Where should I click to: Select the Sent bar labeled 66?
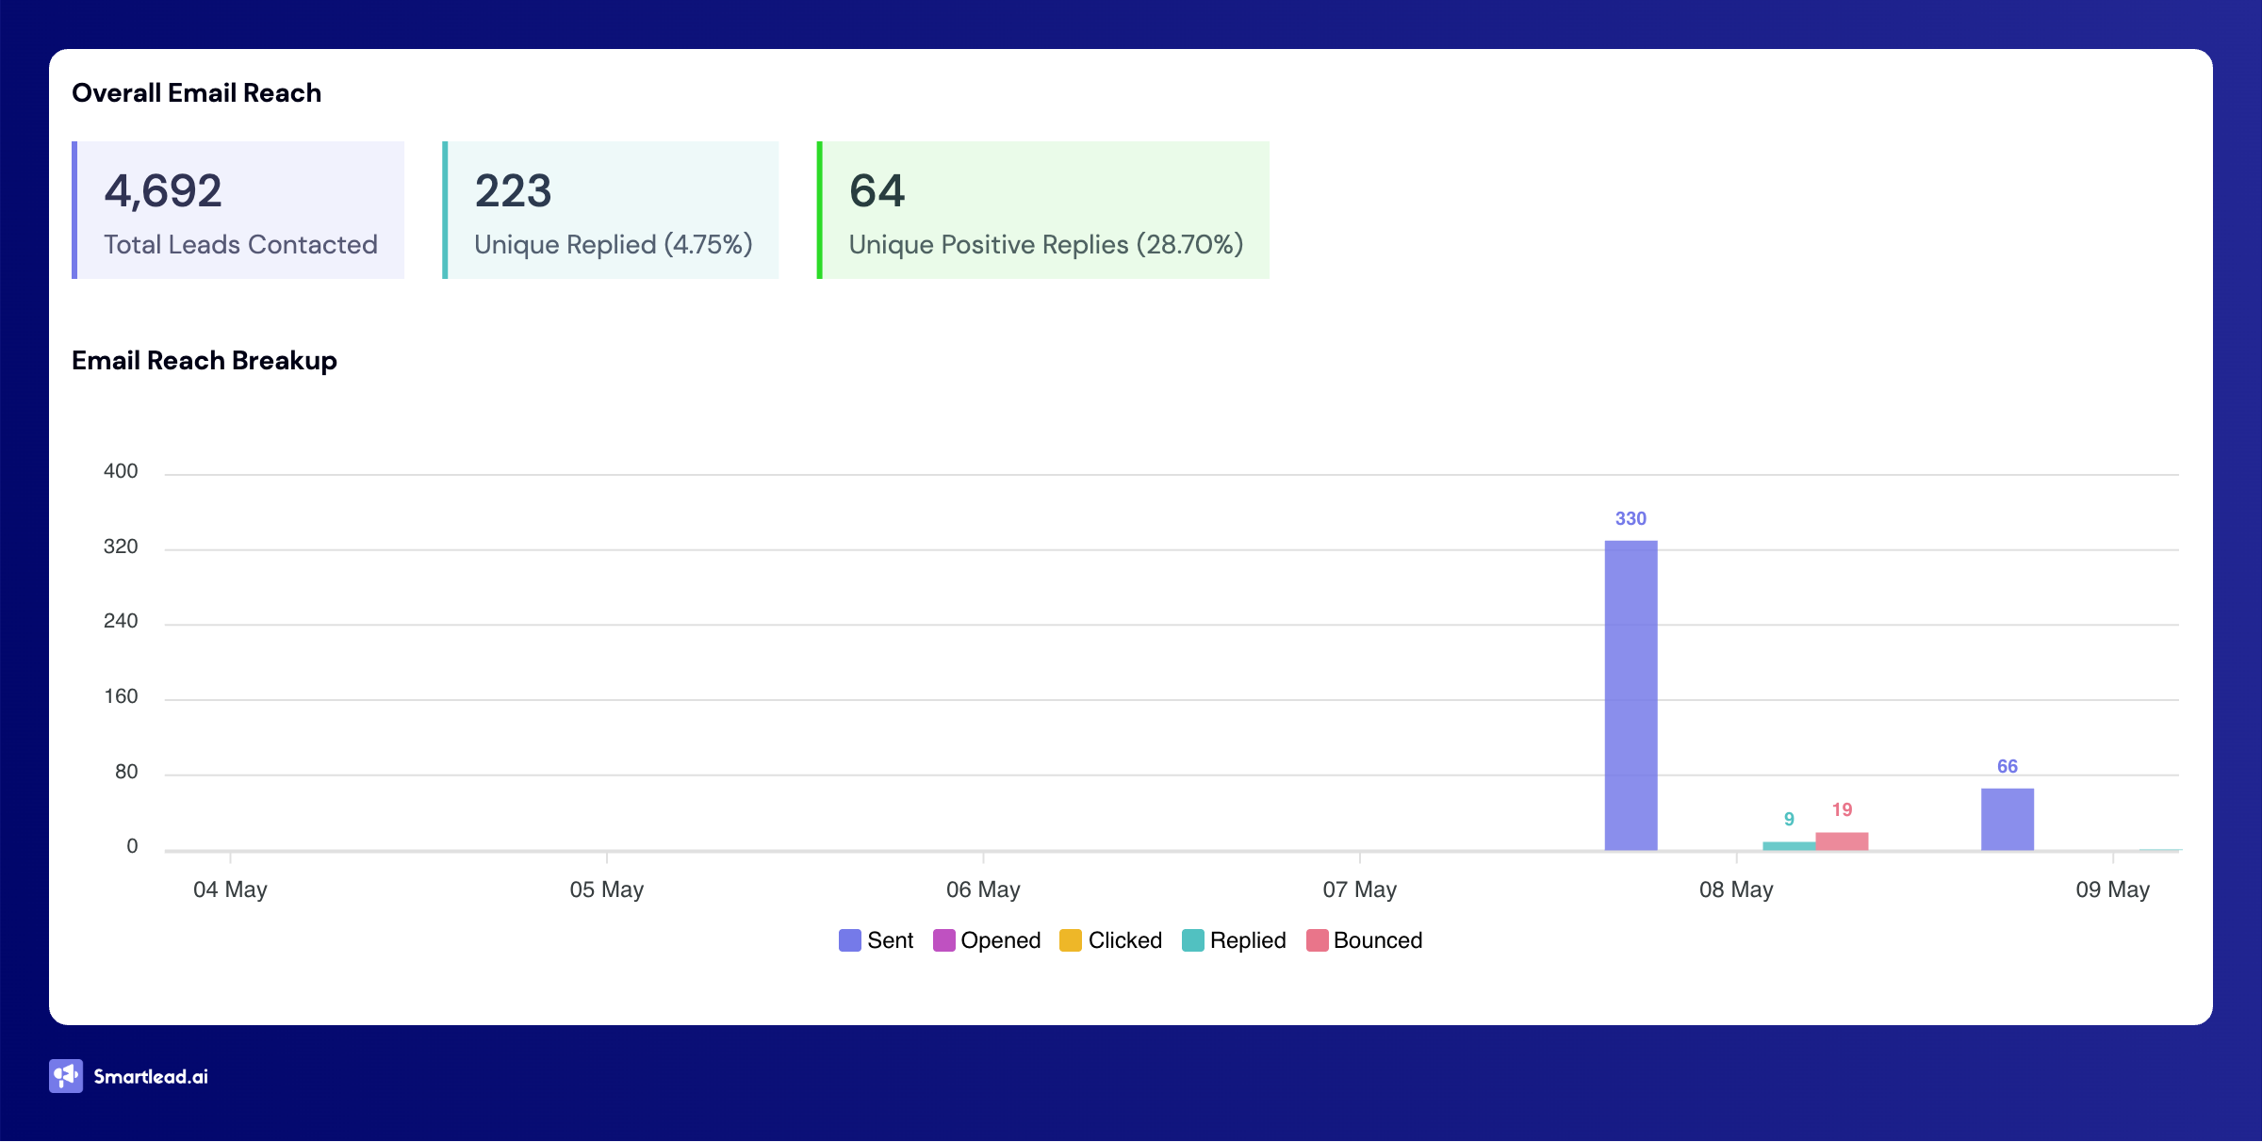[x=2007, y=819]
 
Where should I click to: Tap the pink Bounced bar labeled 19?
[x=1842, y=841]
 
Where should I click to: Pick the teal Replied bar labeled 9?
[x=1788, y=846]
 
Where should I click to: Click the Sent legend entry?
[x=877, y=940]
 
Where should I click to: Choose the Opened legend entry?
[x=987, y=940]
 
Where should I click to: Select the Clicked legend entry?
[x=1111, y=940]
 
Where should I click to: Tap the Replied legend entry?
[x=1234, y=940]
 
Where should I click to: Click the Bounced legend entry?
[x=1364, y=940]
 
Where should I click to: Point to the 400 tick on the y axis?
[x=121, y=471]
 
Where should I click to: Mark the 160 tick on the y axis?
[x=121, y=696]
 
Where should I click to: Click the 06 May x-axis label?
[x=983, y=889]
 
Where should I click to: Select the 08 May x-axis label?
[x=1736, y=889]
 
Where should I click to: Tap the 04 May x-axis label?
[x=230, y=889]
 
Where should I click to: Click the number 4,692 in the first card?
[x=163, y=190]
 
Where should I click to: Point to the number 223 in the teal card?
[x=513, y=190]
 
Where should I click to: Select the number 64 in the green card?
[x=877, y=190]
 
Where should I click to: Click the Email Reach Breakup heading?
[x=205, y=361]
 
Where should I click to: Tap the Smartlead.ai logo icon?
[x=66, y=1076]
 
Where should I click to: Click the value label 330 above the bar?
[x=1631, y=518]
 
